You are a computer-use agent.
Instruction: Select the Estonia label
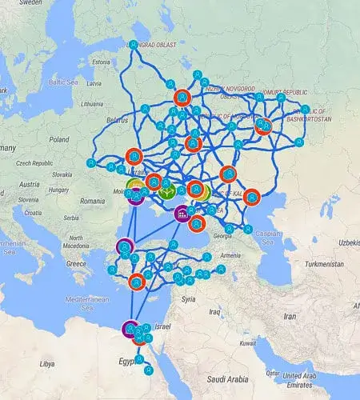click(x=102, y=62)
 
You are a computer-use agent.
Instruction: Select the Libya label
click(x=49, y=363)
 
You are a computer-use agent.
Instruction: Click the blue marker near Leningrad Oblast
click(x=134, y=45)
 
